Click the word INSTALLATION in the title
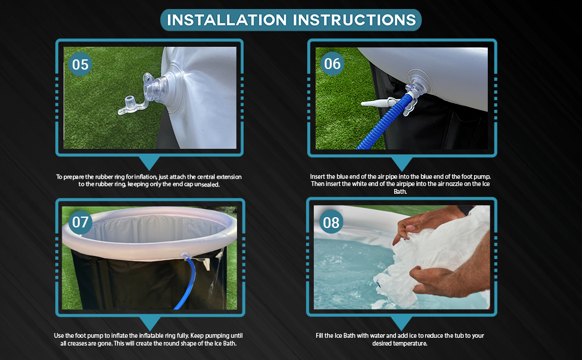pos(227,20)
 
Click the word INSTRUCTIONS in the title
pos(355,20)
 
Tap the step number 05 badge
pos(80,64)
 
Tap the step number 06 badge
pos(332,64)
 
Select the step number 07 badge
pos(80,222)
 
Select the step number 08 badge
pos(331,223)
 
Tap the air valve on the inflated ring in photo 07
pos(185,256)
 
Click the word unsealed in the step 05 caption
pos(207,184)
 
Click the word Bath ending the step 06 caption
pos(400,191)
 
